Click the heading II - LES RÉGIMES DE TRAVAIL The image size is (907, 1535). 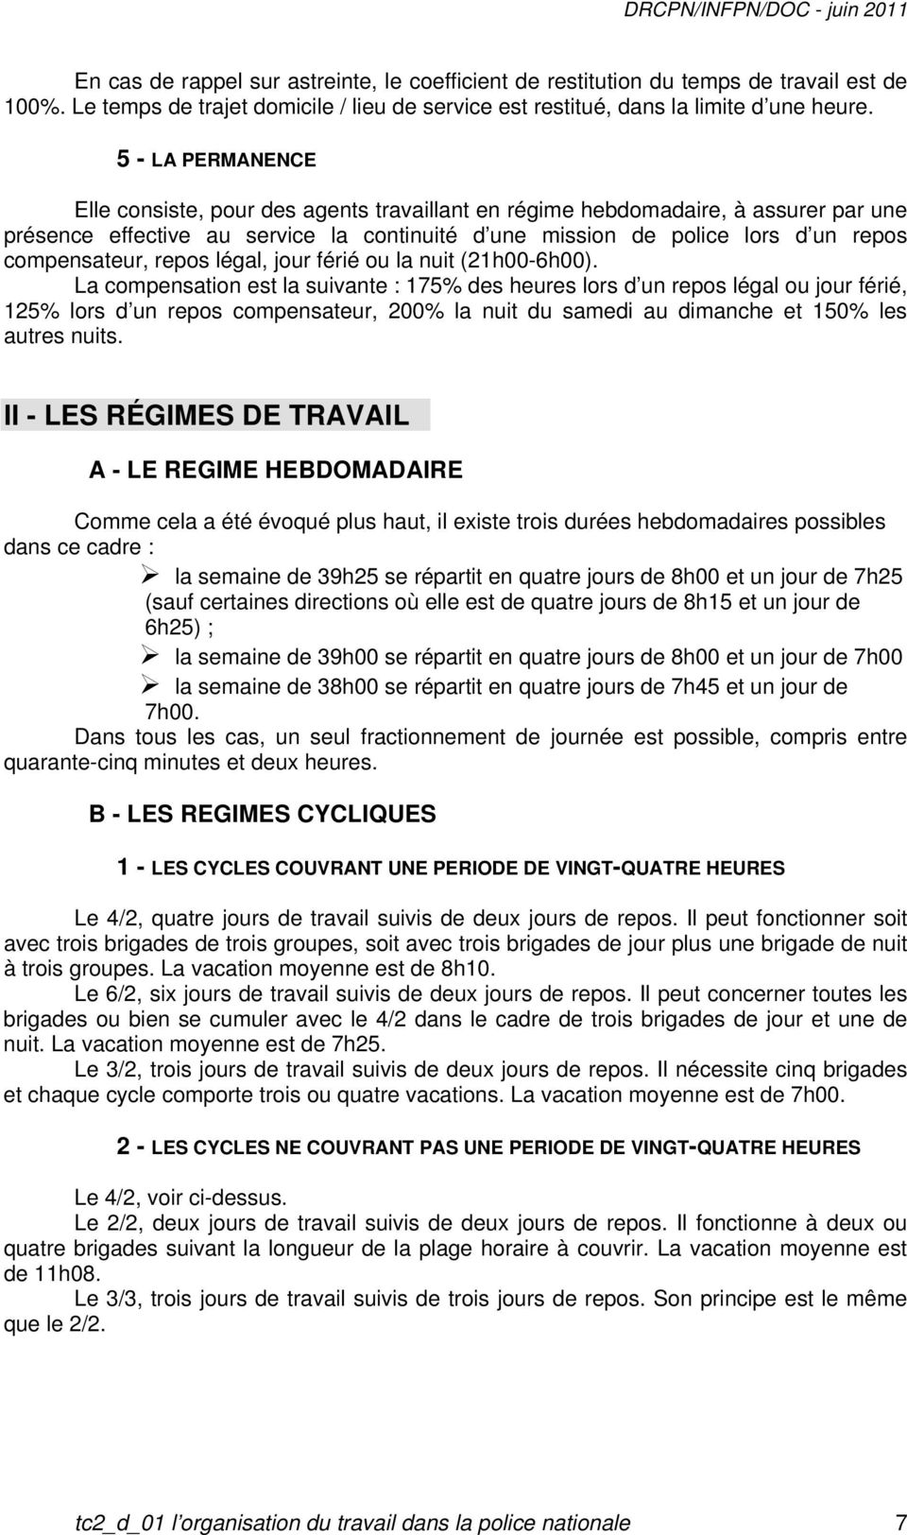tap(207, 416)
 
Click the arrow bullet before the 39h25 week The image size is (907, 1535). tap(158, 575)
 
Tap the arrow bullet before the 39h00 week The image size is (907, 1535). tap(158, 657)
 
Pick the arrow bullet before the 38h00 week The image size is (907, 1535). tap(158, 685)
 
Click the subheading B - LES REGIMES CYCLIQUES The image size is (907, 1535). tap(263, 814)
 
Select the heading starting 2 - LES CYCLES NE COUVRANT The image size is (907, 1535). tap(488, 1147)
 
